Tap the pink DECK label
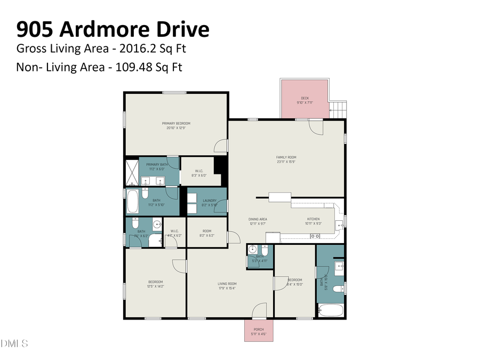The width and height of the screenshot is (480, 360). tap(305, 98)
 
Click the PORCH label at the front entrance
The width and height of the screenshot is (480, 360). tap(259, 329)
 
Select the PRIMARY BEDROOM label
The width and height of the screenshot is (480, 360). tap(176, 123)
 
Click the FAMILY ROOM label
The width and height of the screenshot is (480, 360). tap(286, 157)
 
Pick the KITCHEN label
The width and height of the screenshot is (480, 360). tap(313, 219)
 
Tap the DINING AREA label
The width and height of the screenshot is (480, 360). tap(258, 219)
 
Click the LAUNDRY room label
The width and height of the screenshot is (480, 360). tap(209, 201)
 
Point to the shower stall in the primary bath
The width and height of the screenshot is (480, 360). tap(132, 172)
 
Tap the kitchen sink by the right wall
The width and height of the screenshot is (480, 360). tap(339, 224)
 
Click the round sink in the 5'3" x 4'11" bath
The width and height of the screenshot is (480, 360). tap(253, 249)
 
